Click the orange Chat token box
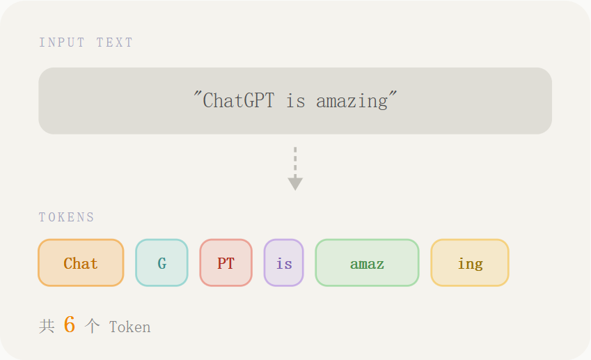(x=81, y=263)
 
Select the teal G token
(x=161, y=263)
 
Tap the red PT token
(x=226, y=263)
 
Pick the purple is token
(x=284, y=263)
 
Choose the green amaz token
(x=367, y=263)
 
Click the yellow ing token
(x=470, y=263)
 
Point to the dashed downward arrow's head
(x=295, y=184)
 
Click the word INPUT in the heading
(x=62, y=42)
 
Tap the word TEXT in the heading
(x=115, y=42)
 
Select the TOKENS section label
(x=67, y=217)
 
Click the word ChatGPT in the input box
(x=239, y=101)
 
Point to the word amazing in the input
(x=352, y=102)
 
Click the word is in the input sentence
(x=295, y=101)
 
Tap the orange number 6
(x=70, y=324)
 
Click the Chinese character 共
(x=47, y=326)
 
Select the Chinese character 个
(x=92, y=326)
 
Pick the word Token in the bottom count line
(x=130, y=327)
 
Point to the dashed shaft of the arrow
(x=295, y=162)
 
